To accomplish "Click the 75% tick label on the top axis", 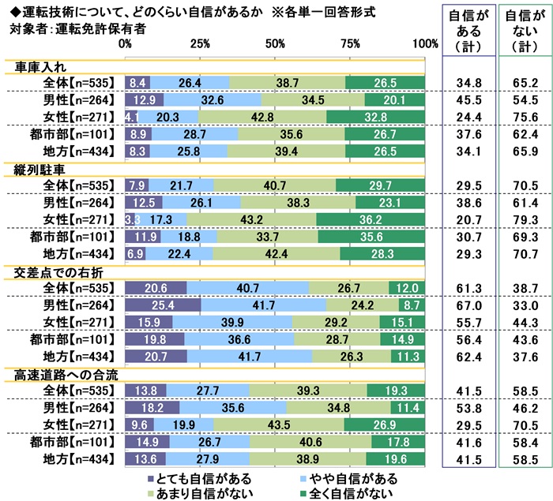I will point(351,43).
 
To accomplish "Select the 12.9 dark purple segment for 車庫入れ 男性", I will point(144,100).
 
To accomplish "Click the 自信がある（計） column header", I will point(465,32).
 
